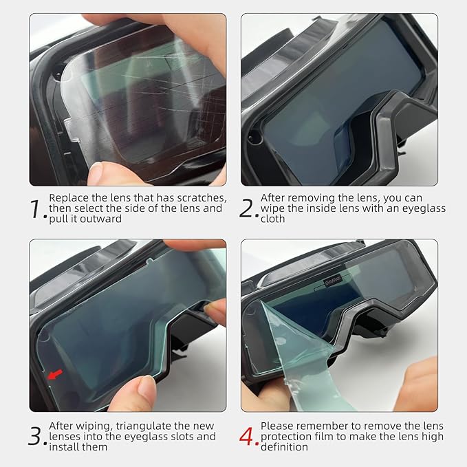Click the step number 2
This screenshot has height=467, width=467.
[248, 208]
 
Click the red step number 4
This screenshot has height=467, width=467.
[248, 437]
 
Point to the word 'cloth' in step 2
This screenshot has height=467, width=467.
[273, 219]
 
